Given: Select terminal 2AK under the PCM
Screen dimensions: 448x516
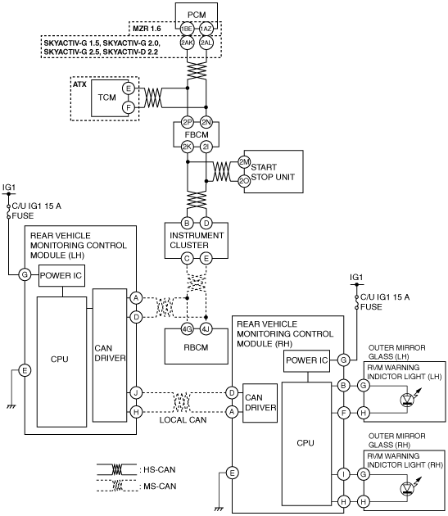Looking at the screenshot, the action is (x=187, y=43).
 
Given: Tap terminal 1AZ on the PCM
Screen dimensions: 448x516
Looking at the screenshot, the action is (x=206, y=29).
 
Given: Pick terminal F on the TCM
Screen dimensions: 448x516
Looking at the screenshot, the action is (x=129, y=107).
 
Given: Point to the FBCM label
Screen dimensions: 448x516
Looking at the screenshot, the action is (x=197, y=134).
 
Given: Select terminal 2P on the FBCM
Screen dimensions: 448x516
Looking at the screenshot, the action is (x=188, y=122).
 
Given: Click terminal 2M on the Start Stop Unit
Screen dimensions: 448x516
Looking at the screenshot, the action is (x=244, y=162).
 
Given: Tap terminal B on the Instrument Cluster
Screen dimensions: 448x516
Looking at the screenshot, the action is (x=187, y=223).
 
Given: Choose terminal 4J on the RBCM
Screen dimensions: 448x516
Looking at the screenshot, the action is (x=206, y=328).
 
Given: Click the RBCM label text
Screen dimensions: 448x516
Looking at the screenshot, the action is (x=197, y=347).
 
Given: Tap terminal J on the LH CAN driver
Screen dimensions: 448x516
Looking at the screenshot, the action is (x=136, y=392).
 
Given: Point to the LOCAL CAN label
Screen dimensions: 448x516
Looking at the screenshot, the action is (x=183, y=420).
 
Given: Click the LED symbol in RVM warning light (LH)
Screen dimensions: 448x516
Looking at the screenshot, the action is (x=408, y=399).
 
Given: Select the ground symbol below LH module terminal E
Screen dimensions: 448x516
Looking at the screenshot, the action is (x=11, y=407).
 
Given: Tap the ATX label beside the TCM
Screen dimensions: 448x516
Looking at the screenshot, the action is (x=79, y=84).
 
